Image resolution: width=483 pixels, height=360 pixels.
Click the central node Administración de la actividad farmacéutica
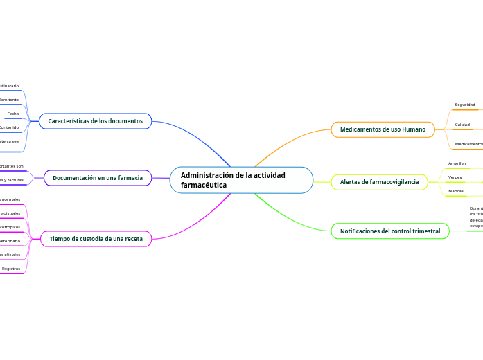click(241, 180)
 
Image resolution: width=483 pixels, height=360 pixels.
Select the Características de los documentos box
click(95, 121)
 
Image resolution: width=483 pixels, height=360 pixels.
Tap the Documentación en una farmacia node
click(98, 178)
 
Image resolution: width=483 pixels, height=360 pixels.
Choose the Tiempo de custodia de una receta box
click(96, 239)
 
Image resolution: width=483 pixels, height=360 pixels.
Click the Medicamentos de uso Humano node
click(383, 129)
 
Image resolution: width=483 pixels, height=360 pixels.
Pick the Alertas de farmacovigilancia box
click(379, 182)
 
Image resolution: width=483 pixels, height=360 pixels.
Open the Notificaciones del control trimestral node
click(390, 231)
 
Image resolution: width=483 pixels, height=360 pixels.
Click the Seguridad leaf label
click(465, 105)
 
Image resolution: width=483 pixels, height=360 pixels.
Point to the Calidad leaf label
click(462, 125)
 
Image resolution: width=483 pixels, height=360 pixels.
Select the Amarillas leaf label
click(457, 163)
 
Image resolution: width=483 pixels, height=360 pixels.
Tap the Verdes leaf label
click(455, 177)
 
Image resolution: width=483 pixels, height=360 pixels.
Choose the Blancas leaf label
click(456, 191)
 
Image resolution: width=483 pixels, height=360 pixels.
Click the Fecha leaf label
click(13, 114)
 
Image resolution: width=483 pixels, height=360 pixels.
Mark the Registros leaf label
click(11, 268)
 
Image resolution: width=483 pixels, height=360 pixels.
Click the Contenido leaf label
click(9, 127)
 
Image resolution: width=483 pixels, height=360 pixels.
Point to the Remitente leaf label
click(9, 100)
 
